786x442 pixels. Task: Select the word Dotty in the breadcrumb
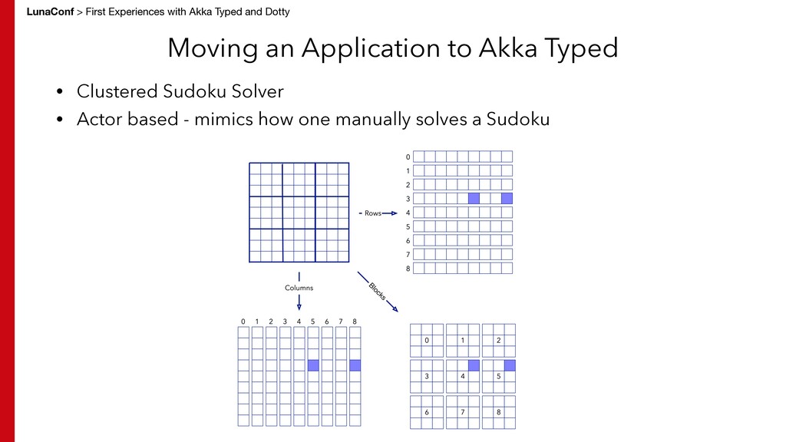[x=275, y=12]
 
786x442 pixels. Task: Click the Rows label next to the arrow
[x=372, y=213]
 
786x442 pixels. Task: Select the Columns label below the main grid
[x=299, y=288]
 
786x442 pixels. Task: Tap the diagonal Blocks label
[x=377, y=292]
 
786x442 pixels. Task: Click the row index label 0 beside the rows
[x=408, y=157]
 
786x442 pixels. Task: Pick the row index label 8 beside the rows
[x=408, y=269]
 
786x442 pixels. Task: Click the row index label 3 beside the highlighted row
[x=408, y=199]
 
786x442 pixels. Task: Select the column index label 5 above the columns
[x=312, y=321]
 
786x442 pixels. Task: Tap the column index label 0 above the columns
[x=243, y=321]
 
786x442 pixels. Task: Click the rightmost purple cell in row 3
[x=507, y=198]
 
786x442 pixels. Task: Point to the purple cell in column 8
[x=355, y=365]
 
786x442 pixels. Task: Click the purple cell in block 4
[x=474, y=365]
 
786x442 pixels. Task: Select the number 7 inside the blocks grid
[x=463, y=413]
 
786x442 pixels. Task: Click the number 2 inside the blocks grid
[x=498, y=340]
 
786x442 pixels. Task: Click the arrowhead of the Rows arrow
[x=395, y=213]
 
